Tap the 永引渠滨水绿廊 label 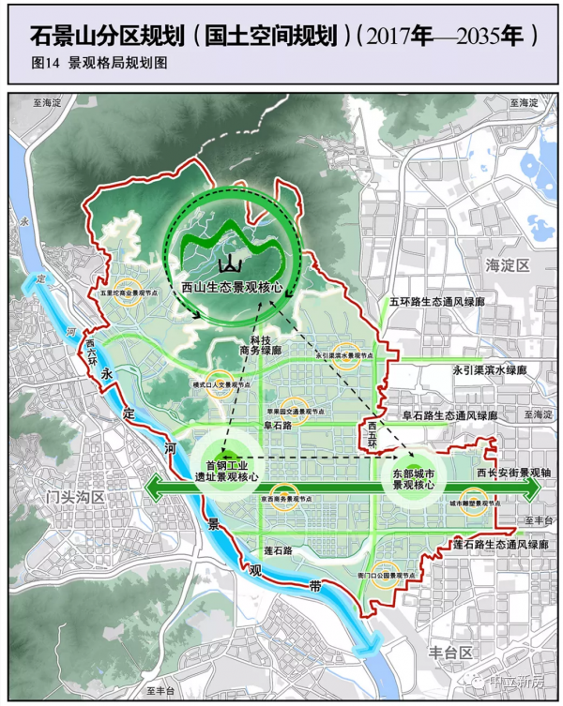489,370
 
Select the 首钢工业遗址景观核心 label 225,471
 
